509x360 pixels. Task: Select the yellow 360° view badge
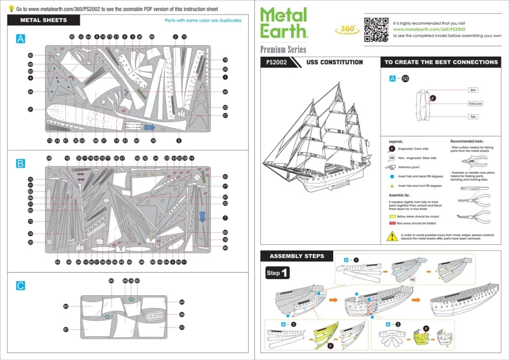pos(345,30)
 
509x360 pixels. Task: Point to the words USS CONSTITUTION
pos(334,63)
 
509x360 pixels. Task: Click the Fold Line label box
pos(475,104)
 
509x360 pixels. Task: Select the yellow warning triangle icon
pos(392,236)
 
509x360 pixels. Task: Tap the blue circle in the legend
pos(392,176)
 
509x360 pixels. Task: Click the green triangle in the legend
pos(392,186)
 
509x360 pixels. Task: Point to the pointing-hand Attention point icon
pos(392,167)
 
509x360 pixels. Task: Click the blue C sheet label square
pos(21,285)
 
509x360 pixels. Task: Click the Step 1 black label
pos(278,272)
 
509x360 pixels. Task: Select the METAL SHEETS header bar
pos(43,20)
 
